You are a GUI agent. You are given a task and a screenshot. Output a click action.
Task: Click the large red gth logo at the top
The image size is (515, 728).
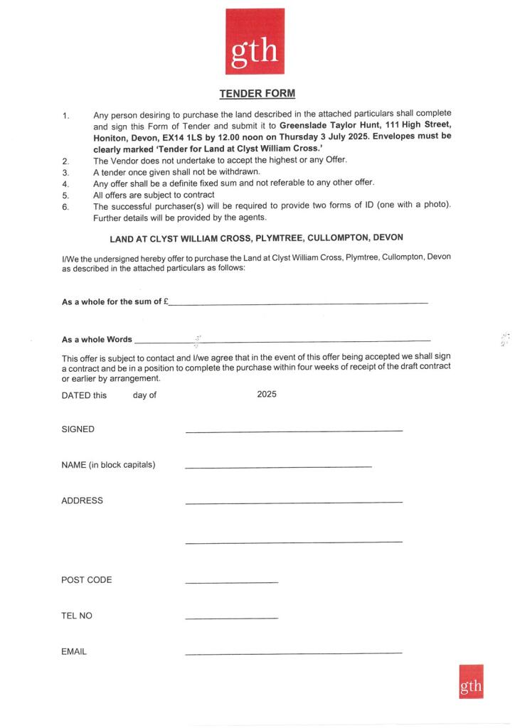click(255, 41)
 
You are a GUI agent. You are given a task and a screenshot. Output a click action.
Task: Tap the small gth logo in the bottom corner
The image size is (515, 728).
click(470, 681)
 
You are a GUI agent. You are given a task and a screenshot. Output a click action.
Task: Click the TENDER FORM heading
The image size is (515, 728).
click(257, 93)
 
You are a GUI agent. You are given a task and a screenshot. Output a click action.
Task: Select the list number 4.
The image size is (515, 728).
click(65, 183)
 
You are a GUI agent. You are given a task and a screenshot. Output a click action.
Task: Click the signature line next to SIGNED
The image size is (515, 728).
click(293, 431)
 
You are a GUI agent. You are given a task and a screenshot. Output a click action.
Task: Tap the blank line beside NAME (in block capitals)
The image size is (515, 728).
click(277, 467)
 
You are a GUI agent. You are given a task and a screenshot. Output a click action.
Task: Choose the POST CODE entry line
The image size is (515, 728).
click(231, 582)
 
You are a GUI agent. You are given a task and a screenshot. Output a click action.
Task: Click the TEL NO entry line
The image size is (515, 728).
click(231, 618)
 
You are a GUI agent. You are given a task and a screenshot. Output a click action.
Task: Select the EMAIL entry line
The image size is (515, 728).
click(293, 653)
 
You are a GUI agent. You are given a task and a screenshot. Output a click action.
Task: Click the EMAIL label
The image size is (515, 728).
click(74, 651)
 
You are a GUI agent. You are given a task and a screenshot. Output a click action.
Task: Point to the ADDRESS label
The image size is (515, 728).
click(82, 500)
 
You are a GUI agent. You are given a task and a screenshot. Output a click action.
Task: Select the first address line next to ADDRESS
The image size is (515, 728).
click(293, 503)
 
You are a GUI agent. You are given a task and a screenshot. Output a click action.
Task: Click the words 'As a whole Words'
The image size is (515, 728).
click(97, 339)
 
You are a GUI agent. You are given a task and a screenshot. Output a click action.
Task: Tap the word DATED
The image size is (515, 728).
click(76, 395)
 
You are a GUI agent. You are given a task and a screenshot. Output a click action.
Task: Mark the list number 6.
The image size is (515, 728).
click(65, 206)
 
